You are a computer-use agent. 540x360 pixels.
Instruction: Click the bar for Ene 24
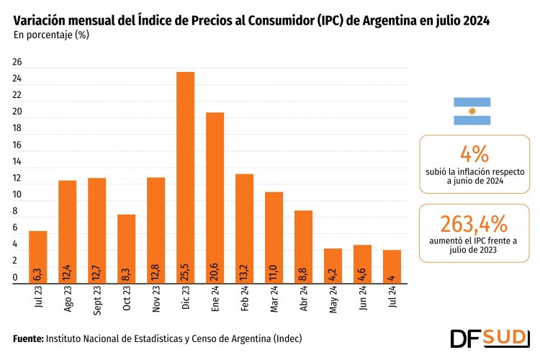pyautogui.click(x=215, y=198)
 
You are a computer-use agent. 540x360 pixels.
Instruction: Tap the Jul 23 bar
pyautogui.click(x=37, y=257)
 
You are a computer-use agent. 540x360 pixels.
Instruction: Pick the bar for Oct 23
pyautogui.click(x=127, y=248)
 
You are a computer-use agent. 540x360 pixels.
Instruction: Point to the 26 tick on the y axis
pyautogui.click(x=17, y=63)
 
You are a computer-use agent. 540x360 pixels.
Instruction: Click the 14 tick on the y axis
pyautogui.click(x=17, y=162)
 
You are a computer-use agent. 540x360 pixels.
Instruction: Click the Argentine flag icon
pyautogui.click(x=472, y=112)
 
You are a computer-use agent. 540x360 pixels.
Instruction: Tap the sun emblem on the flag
pyautogui.click(x=472, y=112)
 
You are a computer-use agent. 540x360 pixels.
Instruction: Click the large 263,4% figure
pyautogui.click(x=474, y=222)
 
